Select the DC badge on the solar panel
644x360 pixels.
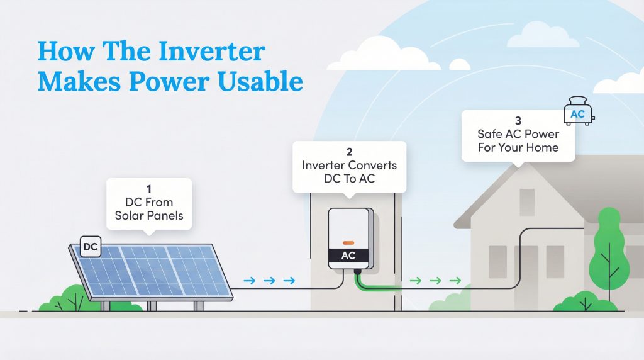(91, 248)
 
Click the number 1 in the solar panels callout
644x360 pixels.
(148, 188)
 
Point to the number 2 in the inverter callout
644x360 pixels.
(348, 152)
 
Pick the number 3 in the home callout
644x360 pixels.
(518, 120)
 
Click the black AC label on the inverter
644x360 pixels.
(348, 256)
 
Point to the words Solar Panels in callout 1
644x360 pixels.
(148, 216)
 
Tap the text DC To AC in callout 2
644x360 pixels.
(348, 179)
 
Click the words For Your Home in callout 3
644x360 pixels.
(518, 148)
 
